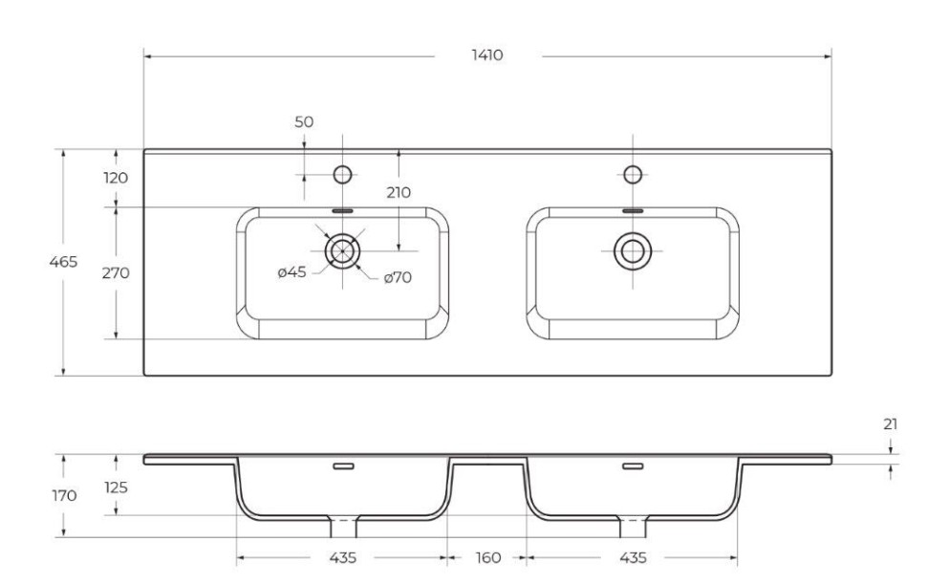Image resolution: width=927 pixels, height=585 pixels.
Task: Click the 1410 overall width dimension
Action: coord(487,55)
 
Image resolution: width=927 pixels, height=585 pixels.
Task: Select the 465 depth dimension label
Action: coord(63,261)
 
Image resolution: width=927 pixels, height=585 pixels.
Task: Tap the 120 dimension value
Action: coord(116,178)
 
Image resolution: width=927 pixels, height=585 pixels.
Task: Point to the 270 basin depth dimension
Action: coord(116,272)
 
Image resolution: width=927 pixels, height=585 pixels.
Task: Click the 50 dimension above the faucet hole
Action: coord(304,122)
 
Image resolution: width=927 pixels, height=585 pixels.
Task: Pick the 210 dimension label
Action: coord(399,192)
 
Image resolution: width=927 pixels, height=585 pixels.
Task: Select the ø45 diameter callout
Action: coord(291,272)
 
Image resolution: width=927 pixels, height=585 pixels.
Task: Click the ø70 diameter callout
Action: coord(398,278)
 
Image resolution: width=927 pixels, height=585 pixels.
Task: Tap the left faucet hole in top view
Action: coord(342,174)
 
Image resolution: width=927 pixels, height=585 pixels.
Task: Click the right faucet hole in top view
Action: coord(631,174)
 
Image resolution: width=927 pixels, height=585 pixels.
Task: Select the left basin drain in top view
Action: coord(342,250)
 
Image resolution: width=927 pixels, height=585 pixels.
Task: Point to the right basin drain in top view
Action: coord(631,250)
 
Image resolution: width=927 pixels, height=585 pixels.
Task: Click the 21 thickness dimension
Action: coord(890,422)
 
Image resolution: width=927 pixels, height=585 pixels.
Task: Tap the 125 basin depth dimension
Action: coord(116,487)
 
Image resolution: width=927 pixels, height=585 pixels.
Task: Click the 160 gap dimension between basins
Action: coord(488,557)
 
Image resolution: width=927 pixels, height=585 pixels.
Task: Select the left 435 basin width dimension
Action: coord(343,557)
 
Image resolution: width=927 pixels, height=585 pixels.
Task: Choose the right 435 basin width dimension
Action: coord(632,557)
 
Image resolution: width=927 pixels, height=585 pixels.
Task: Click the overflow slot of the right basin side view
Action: coord(632,466)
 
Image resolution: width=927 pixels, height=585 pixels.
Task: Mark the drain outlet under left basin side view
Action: coord(343,527)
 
